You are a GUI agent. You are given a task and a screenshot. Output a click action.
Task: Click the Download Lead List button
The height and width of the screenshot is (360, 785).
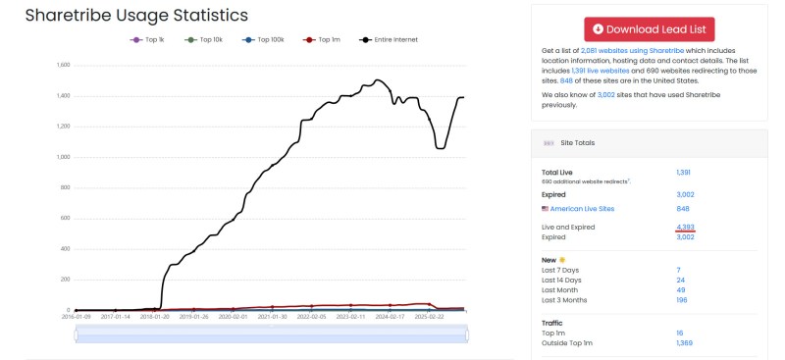coord(649,29)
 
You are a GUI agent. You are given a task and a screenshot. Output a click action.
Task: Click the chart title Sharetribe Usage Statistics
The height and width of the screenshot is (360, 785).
coord(136,16)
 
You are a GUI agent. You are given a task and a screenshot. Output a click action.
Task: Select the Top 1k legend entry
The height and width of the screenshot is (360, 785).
coord(150,39)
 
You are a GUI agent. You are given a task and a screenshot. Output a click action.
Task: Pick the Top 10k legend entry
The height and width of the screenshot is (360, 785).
coord(204,39)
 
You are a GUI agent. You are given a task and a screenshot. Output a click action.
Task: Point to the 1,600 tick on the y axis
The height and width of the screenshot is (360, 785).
coord(64,66)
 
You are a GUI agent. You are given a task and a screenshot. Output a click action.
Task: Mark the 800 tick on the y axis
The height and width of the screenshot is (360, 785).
coord(66,187)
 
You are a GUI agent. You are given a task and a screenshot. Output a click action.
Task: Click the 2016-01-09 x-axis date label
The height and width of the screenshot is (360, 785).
coord(75,317)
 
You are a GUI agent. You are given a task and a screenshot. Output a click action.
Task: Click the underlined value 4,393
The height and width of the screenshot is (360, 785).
coord(684,227)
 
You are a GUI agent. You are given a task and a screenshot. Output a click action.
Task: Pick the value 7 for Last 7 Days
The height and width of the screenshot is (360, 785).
coord(678,269)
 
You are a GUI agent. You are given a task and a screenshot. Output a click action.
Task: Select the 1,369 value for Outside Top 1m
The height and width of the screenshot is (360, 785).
coord(685,342)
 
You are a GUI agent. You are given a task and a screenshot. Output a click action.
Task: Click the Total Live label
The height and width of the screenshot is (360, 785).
coord(557,172)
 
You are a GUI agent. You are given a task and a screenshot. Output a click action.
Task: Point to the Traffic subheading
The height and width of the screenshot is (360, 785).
coord(551,322)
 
